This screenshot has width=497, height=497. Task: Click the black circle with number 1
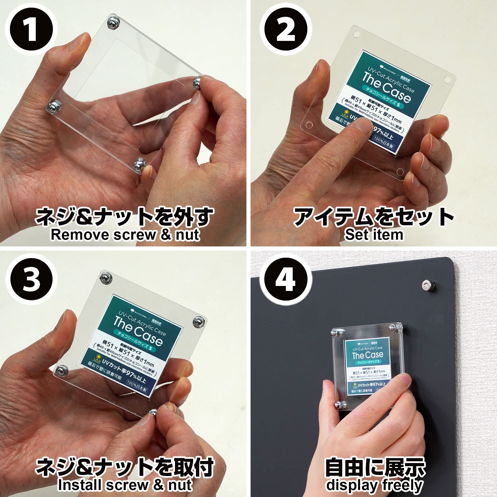[31, 31]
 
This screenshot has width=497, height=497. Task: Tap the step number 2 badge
[286, 31]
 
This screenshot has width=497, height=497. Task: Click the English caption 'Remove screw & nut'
[125, 235]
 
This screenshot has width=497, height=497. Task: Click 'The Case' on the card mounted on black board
[368, 355]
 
